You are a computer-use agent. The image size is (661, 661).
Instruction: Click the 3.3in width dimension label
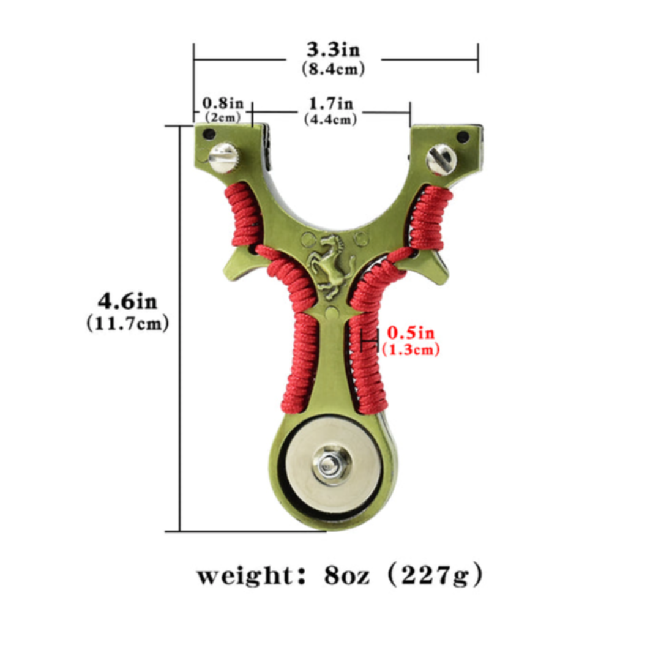(333, 50)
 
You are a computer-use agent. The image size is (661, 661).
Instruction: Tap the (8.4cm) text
(333, 69)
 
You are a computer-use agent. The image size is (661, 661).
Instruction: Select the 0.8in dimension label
(223, 103)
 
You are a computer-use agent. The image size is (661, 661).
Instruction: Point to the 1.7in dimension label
(331, 103)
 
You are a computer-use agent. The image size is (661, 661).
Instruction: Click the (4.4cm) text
(330, 119)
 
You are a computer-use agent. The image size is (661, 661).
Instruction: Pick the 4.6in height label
(127, 302)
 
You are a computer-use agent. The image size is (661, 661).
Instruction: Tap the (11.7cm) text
(127, 324)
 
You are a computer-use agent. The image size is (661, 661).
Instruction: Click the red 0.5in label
(411, 333)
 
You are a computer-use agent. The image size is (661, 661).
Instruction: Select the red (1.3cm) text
(411, 349)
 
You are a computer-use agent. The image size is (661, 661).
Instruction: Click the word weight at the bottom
(245, 576)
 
